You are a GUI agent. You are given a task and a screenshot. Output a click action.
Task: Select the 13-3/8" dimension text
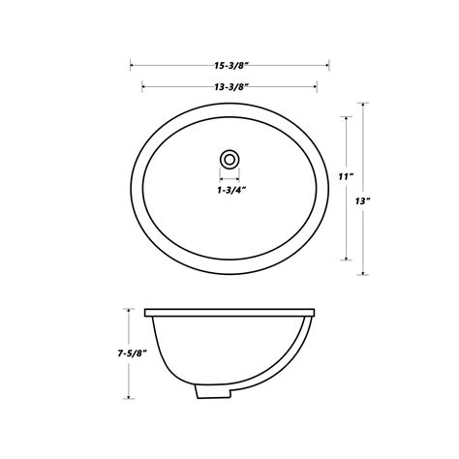229,87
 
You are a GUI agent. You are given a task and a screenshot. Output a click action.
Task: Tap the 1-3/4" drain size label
229,191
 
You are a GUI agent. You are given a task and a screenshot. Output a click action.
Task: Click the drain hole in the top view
229,157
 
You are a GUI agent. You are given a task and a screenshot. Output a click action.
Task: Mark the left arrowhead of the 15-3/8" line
132,68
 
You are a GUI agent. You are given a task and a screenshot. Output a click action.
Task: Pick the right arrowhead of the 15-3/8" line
328,68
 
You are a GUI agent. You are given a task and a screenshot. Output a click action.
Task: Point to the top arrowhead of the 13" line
364,104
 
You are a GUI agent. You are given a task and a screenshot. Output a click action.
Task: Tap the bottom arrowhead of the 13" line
364,272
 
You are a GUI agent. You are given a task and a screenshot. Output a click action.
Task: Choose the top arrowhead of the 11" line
347,117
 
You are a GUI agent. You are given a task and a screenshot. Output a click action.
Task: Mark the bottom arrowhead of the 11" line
347,259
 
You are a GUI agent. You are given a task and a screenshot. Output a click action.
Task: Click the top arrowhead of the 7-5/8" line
128,310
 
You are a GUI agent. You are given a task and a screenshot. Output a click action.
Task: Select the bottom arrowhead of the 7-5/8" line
128,396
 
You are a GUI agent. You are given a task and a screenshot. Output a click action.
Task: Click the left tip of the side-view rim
146,312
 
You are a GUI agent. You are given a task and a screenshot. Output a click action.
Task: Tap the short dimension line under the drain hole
229,178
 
